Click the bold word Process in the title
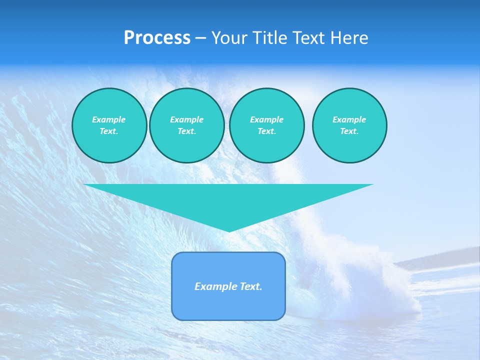tap(157, 38)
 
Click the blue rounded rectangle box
tap(228, 305)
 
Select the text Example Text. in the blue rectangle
tap(228, 286)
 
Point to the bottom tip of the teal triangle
tap(229, 230)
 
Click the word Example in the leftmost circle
tap(109, 119)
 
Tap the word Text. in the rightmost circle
tap(349, 131)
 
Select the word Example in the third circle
tap(266, 119)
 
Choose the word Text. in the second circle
tap(186, 131)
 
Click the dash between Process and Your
tap(201, 38)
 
